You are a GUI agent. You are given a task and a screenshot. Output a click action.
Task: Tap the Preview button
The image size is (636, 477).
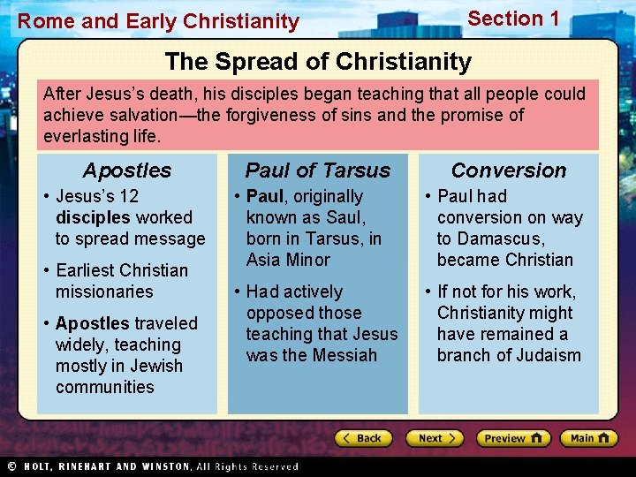tap(513, 438)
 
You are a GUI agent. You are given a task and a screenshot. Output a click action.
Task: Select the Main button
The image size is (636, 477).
tap(589, 438)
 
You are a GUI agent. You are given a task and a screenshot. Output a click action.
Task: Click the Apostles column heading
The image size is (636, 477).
tap(127, 170)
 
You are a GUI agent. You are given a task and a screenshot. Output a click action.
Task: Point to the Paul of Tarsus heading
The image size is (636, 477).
tap(317, 170)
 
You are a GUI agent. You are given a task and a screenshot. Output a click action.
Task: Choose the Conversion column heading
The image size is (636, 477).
tap(509, 170)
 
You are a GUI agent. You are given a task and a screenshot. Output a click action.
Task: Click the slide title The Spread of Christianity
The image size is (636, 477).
tap(318, 62)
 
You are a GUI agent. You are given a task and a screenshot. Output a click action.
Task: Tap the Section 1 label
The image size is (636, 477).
tap(513, 19)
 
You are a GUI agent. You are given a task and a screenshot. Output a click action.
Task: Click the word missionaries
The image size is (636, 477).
tap(104, 291)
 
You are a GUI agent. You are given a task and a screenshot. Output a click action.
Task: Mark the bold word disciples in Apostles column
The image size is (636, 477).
tap(93, 217)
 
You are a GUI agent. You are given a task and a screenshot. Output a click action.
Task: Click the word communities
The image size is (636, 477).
tap(104, 387)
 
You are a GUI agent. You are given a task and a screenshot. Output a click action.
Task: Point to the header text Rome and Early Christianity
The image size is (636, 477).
tap(159, 21)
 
